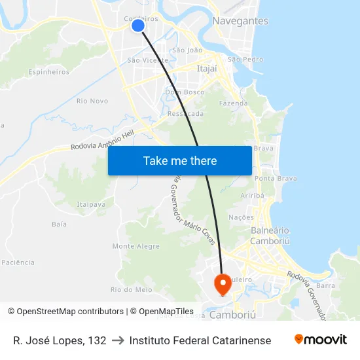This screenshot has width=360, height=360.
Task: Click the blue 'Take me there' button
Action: coord(180,160)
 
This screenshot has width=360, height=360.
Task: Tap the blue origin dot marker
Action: coord(137,26)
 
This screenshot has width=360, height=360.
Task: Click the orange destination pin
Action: coord(223,283)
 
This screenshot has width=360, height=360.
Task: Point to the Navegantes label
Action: coord(240,21)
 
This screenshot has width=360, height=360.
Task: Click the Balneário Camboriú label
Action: coord(270,236)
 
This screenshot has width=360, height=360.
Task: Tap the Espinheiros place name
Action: coord(49,72)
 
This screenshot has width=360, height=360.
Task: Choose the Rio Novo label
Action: coord(92,101)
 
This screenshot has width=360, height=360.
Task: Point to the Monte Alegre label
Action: coord(136,246)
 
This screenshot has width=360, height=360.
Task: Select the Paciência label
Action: coord(18,262)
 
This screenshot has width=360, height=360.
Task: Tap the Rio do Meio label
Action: coord(132,289)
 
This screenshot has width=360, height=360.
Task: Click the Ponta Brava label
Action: coord(276,178)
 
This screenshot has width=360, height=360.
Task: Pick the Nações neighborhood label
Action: coord(241,217)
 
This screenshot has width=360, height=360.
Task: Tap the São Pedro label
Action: coord(245,60)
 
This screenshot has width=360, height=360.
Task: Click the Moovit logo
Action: coord(321,340)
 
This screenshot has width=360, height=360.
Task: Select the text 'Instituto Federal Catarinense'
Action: coord(200,340)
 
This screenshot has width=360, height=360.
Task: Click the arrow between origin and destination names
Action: coord(118,340)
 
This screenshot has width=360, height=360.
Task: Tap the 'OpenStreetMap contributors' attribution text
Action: coord(70,312)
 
